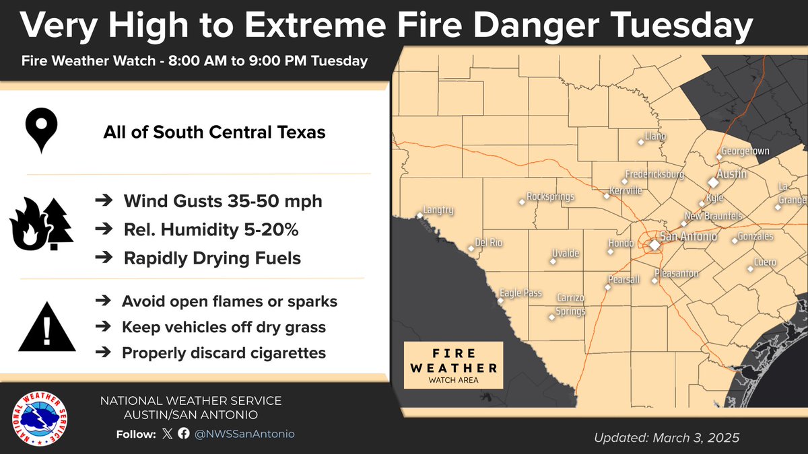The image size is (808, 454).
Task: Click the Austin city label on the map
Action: [x=731, y=174]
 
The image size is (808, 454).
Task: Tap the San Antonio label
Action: [x=688, y=237]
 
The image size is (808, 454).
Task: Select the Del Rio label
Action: [x=488, y=243]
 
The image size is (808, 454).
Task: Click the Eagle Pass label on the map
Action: [x=520, y=293]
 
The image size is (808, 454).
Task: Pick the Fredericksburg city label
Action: [x=654, y=174]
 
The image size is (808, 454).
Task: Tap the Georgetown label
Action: [x=745, y=151]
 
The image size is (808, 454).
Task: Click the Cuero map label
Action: [x=765, y=262]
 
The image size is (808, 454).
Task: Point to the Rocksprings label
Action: [x=550, y=197]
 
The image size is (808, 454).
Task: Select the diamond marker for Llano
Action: [x=641, y=142]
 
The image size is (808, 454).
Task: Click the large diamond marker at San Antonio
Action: [x=654, y=245]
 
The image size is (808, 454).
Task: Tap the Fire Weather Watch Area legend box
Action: [x=453, y=365]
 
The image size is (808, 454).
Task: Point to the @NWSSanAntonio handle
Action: [x=244, y=434]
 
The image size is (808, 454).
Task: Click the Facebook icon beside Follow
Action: [x=184, y=434]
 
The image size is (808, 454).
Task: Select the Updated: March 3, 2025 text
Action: [x=667, y=438]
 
